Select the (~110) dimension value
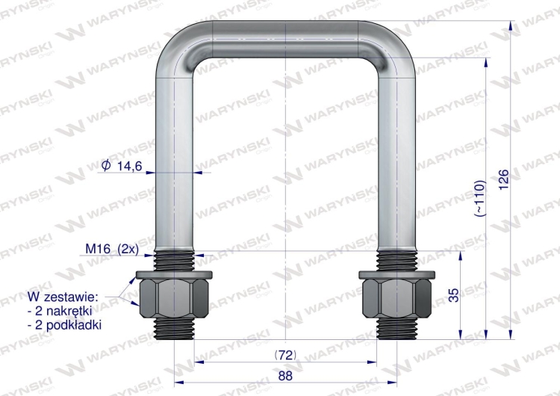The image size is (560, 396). [x=479, y=199]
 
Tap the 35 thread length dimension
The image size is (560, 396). [x=453, y=294]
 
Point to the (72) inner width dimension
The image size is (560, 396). [x=284, y=352]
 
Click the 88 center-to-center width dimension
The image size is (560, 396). [x=284, y=376]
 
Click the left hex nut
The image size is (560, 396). [x=175, y=298]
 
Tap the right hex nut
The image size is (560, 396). [x=396, y=298]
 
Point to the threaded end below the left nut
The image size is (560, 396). [x=175, y=328]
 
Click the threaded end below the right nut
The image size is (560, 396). [x=396, y=328]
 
